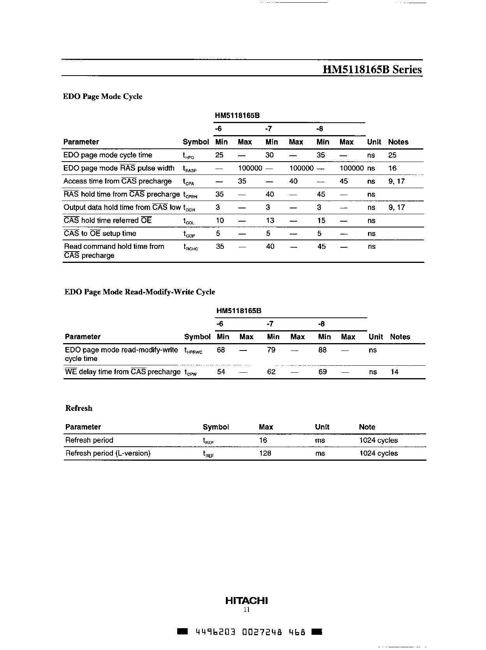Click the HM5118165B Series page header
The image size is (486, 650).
coord(372,70)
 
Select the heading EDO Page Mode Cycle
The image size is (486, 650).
coord(102,97)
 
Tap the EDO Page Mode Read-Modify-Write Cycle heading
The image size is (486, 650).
coord(139,292)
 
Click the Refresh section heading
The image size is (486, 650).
coord(79,408)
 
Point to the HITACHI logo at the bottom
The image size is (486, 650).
coord(247,601)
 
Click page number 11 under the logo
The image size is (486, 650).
coord(246,610)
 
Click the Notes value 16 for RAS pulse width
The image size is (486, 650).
coord(392,168)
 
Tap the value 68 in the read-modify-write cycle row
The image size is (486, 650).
coord(221,350)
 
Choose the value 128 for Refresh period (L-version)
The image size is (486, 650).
coord(265,453)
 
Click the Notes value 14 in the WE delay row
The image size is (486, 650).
coord(394,372)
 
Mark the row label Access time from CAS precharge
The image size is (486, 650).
coord(117,181)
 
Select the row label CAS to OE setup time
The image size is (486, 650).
coord(100,234)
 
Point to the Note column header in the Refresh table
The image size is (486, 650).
coord(367,427)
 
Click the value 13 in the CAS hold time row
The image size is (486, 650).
coord(270,220)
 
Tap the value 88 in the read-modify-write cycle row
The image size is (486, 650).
coord(322,350)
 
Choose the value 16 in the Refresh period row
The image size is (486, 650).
coord(263,440)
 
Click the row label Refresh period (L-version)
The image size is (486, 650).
coord(107,453)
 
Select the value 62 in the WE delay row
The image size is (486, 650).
coord(271,372)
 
